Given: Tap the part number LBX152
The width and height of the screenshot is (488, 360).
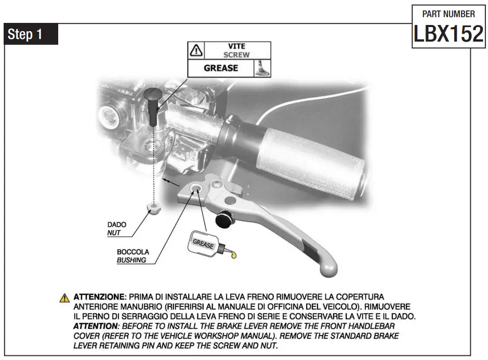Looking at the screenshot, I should pyautogui.click(x=449, y=34).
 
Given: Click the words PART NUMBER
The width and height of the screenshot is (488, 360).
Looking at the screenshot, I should pyautogui.click(x=449, y=14).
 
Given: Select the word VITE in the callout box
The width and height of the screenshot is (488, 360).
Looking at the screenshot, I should pyautogui.click(x=236, y=46).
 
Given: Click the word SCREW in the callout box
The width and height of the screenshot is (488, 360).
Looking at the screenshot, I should pyautogui.click(x=236, y=55).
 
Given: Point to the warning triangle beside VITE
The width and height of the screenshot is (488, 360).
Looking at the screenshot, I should pyautogui.click(x=196, y=50).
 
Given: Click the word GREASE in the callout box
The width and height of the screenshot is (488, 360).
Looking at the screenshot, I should pyautogui.click(x=220, y=68).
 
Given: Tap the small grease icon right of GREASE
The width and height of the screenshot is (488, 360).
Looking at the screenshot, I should pyautogui.click(x=262, y=69).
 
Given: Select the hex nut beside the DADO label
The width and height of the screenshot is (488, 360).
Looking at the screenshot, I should pyautogui.click(x=152, y=209).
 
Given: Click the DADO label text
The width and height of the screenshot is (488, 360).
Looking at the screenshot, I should pyautogui.click(x=116, y=225).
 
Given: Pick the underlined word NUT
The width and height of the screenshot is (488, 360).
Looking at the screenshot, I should pyautogui.click(x=114, y=233).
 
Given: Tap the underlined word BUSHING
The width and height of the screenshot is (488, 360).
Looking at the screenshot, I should pyautogui.click(x=131, y=260).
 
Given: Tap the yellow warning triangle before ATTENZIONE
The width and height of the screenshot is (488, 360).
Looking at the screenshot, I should pyautogui.click(x=64, y=298).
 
